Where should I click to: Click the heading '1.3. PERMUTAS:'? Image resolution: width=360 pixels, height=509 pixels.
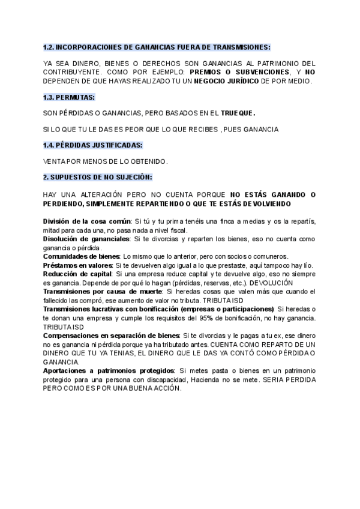69,97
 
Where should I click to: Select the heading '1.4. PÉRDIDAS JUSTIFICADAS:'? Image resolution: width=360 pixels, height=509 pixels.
93,145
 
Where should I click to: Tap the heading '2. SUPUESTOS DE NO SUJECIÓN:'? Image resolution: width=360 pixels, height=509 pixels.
97,178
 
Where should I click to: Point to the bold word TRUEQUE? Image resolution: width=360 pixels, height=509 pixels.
238,113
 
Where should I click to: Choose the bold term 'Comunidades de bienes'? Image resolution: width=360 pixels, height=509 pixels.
81,256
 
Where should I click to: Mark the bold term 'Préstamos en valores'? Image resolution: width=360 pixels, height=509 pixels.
77,265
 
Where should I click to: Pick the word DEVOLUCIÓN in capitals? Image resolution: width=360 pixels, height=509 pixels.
271,283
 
